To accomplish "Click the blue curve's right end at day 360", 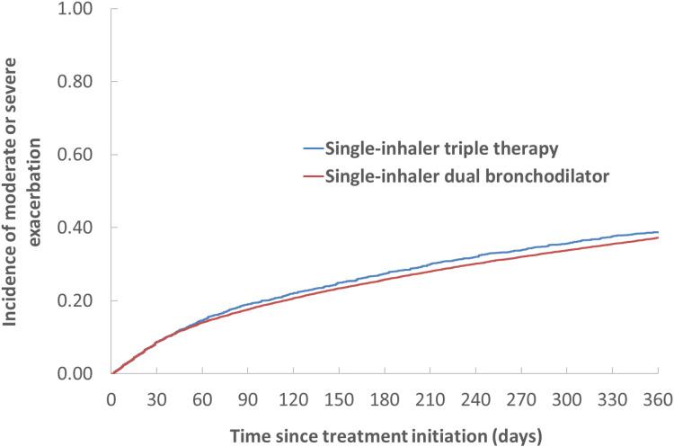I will [x=658, y=232].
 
